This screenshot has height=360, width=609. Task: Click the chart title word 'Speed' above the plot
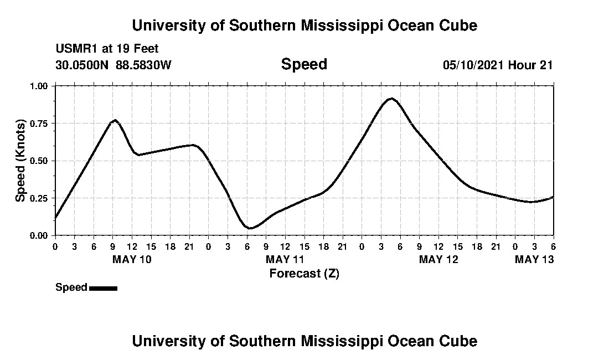point(304,65)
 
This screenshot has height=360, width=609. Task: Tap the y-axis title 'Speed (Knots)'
point(20,160)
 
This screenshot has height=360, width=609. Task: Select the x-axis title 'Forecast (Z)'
point(304,273)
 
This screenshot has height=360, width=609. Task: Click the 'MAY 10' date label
point(132,259)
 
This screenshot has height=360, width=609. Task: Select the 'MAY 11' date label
point(285,259)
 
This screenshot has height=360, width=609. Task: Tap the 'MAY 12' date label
point(438,259)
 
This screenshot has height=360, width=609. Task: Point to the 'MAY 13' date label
point(534,259)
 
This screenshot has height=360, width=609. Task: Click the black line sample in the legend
point(103,288)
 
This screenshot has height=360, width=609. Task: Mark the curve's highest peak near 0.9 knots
point(391,99)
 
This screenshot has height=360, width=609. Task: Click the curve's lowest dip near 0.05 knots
point(250,228)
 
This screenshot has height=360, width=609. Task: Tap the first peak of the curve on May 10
point(115,120)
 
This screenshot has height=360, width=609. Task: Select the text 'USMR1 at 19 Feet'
point(107,49)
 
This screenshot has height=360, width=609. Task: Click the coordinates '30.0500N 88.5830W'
point(113,65)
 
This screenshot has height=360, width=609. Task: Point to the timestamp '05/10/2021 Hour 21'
point(498,65)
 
